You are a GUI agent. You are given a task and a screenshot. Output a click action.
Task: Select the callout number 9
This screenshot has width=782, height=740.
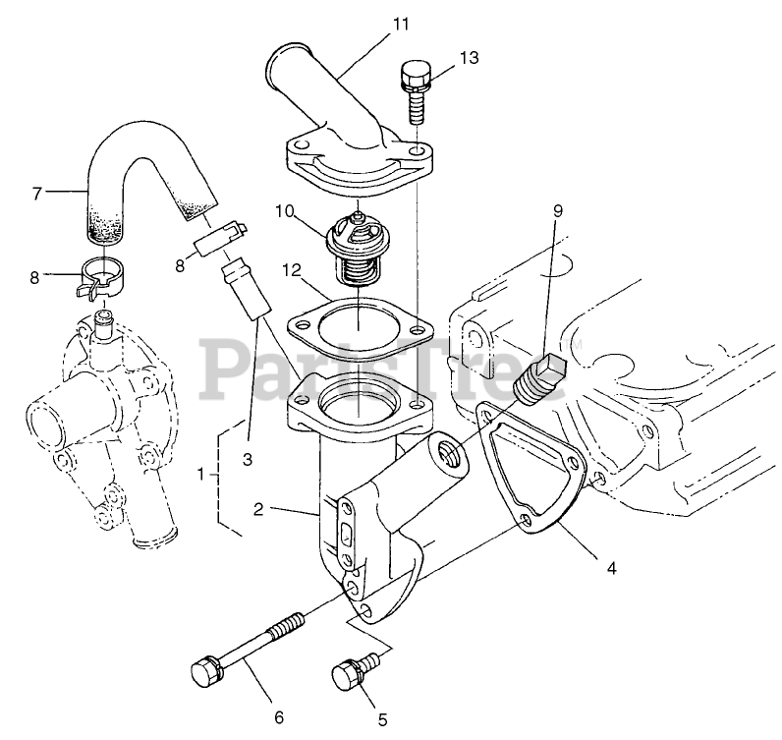click(557, 209)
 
